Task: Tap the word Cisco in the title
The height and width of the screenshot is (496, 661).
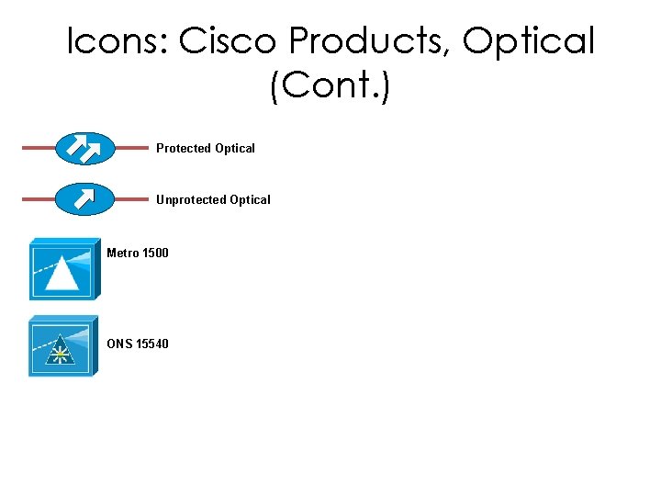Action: pos(229,41)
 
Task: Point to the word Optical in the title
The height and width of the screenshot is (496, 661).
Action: pos(529,41)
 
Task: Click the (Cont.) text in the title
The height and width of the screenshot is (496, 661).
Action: pos(330,88)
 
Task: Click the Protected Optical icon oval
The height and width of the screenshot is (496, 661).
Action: pos(85,148)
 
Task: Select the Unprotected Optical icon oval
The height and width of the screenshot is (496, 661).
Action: pos(85,198)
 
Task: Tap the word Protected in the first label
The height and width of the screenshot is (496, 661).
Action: pos(184,148)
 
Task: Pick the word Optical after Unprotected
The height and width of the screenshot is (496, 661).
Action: pos(251,199)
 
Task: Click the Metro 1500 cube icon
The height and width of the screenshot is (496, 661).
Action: pos(62,270)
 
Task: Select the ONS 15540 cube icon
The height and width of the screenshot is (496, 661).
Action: pos(62,346)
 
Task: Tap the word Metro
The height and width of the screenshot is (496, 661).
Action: pos(122,253)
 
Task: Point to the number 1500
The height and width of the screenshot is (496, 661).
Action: pos(155,253)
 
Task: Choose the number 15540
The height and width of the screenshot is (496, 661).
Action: pos(152,344)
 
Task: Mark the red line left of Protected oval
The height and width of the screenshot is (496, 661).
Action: pos(39,148)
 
